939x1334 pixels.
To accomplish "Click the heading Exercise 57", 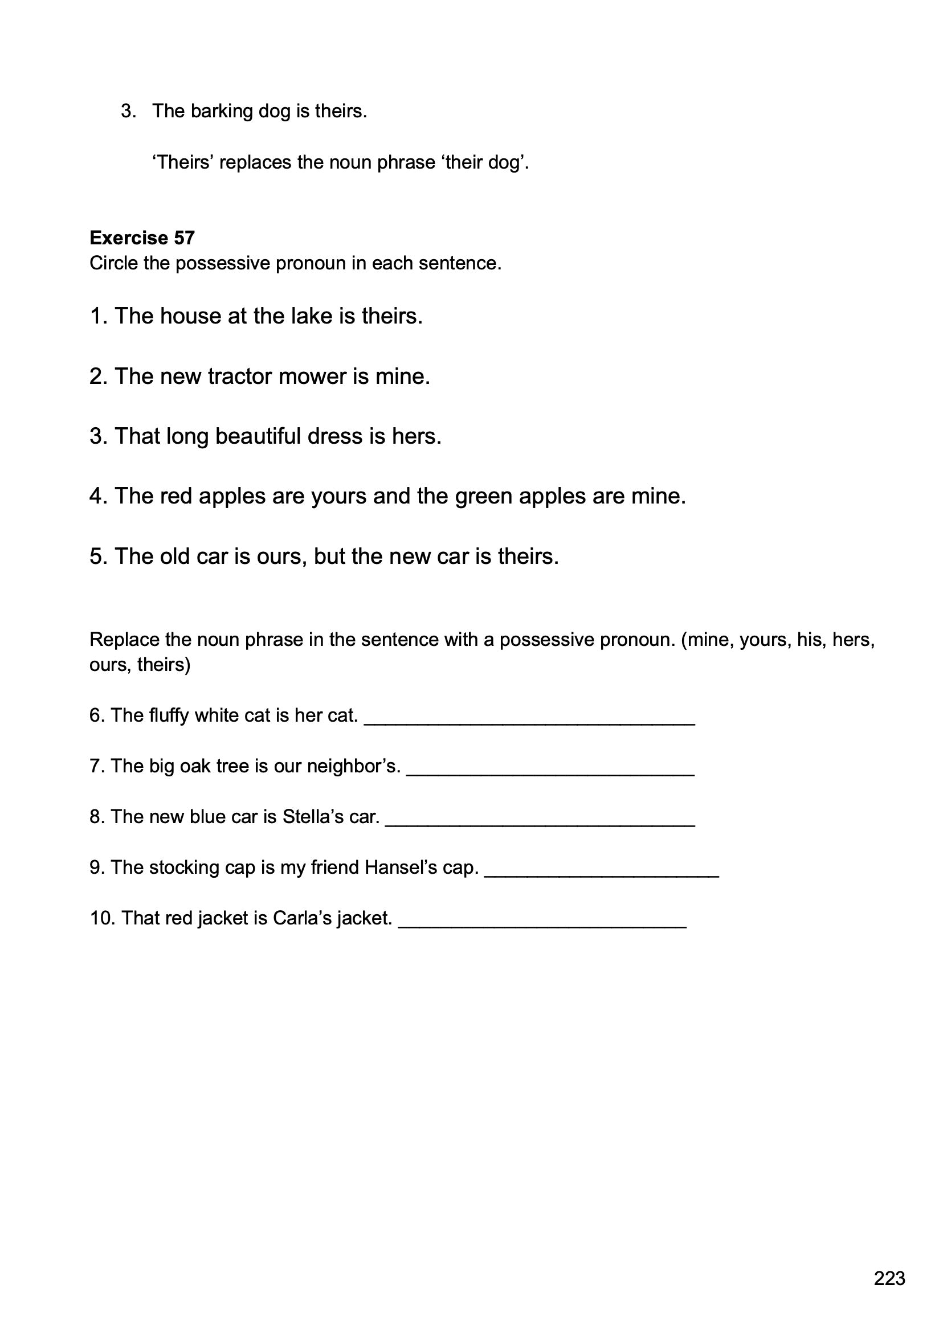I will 142,238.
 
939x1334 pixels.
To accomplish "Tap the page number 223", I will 889,1278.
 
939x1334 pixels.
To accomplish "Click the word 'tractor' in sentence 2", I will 240,377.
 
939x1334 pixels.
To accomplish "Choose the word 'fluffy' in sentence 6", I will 169,715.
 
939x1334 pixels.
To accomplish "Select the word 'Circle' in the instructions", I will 114,263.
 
